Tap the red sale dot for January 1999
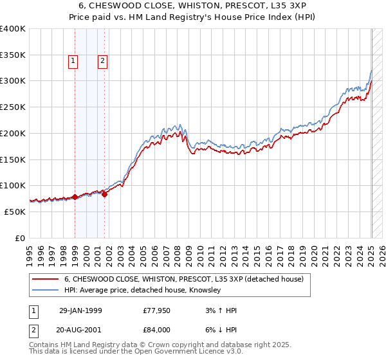tap(75, 197)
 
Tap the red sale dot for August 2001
tap(104, 194)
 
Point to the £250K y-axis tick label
tap(13, 107)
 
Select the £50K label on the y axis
tap(15, 212)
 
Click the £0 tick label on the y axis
tap(21, 238)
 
